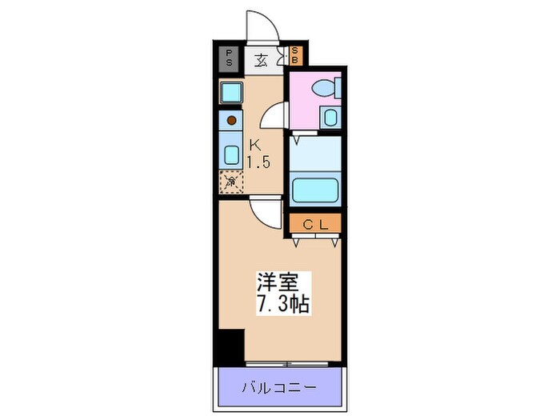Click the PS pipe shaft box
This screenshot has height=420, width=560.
[x=230, y=58]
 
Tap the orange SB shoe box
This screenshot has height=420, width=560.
[x=295, y=56]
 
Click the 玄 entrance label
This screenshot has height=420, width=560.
[x=262, y=58]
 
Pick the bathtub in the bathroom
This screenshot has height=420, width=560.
[x=314, y=190]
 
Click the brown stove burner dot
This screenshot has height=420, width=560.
[x=231, y=121]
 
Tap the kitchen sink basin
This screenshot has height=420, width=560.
[x=231, y=154]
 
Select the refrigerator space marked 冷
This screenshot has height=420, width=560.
[x=230, y=182]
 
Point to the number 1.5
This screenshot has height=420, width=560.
[x=258, y=162]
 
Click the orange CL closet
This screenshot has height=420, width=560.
[x=315, y=224]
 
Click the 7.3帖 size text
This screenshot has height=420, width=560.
[x=282, y=305]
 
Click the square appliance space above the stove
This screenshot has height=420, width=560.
[x=231, y=93]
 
